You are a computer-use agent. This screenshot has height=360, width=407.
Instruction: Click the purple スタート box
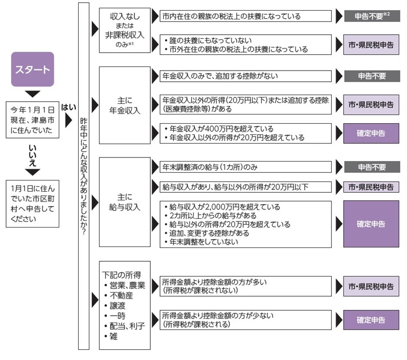pos(33,69)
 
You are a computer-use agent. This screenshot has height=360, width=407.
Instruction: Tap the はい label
pos(69,107)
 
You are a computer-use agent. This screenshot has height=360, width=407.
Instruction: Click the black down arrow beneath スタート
pos(33,94)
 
